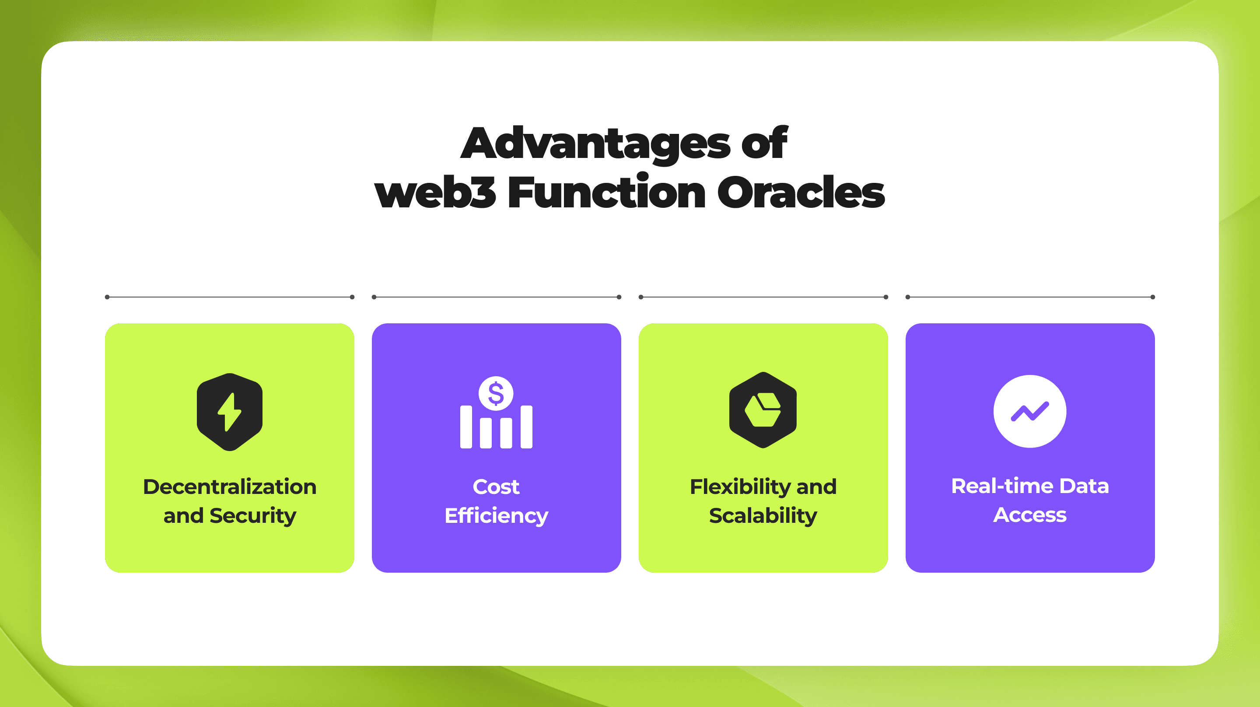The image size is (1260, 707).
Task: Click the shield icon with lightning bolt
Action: [x=229, y=412]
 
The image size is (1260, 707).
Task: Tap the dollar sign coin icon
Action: [x=496, y=393]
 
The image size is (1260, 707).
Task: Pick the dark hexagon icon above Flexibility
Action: [x=763, y=410]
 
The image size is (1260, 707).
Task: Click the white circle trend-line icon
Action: [x=1029, y=411]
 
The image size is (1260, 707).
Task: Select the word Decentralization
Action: [x=229, y=486]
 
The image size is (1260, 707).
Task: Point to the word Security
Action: [x=253, y=516]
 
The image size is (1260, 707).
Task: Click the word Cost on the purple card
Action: [x=496, y=486]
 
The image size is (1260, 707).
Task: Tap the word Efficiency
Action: [x=496, y=516]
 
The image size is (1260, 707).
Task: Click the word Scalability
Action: [x=763, y=516]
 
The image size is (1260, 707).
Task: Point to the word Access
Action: [x=1029, y=514]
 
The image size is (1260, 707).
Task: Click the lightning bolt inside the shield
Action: [x=229, y=412]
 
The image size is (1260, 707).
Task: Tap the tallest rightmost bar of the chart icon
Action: [x=526, y=427]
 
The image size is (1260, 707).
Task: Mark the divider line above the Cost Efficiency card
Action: [x=496, y=297]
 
